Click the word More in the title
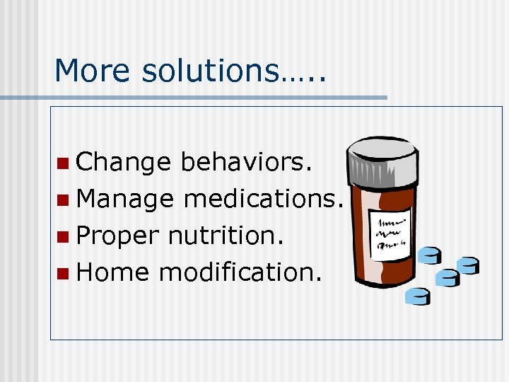[88, 71]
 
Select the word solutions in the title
[210, 71]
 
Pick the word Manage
[125, 200]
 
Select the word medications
[264, 199]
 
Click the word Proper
[118, 236]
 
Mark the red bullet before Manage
[64, 200]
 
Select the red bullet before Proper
[64, 236]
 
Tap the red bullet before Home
[64, 272]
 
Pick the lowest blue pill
[418, 296]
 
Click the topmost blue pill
[429, 255]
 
